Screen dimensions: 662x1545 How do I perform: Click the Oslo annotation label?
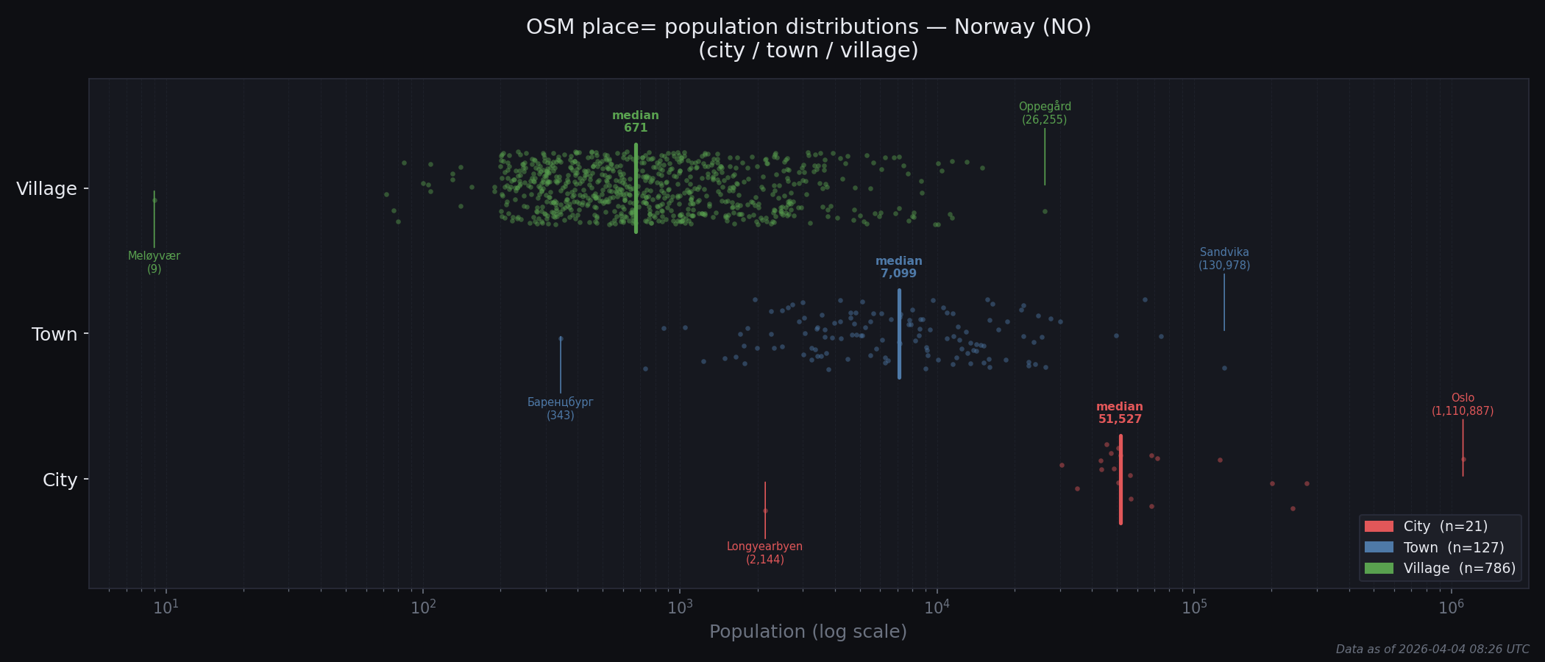pos(1463,405)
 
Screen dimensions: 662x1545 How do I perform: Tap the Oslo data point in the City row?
pos(1463,460)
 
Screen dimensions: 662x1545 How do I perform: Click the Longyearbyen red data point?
pos(765,510)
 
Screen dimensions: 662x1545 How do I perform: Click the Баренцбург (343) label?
pos(560,409)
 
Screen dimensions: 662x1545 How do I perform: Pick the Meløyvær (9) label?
pos(154,263)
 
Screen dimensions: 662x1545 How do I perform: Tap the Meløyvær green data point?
pos(154,200)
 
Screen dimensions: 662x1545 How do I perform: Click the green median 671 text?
pos(636,122)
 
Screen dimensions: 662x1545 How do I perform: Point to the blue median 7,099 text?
pos(898,268)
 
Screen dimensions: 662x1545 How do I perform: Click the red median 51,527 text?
pos(1120,413)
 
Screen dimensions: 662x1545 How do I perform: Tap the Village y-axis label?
pos(47,189)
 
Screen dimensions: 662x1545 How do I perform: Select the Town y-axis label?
pos(54,335)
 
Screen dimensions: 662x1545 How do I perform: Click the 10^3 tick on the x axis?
pos(680,608)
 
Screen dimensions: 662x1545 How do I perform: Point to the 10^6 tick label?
pos(1451,608)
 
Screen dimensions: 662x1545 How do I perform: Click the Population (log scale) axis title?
pos(808,632)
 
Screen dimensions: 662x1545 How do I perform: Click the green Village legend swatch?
pos(1379,569)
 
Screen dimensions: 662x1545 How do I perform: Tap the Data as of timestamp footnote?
pos(1432,649)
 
